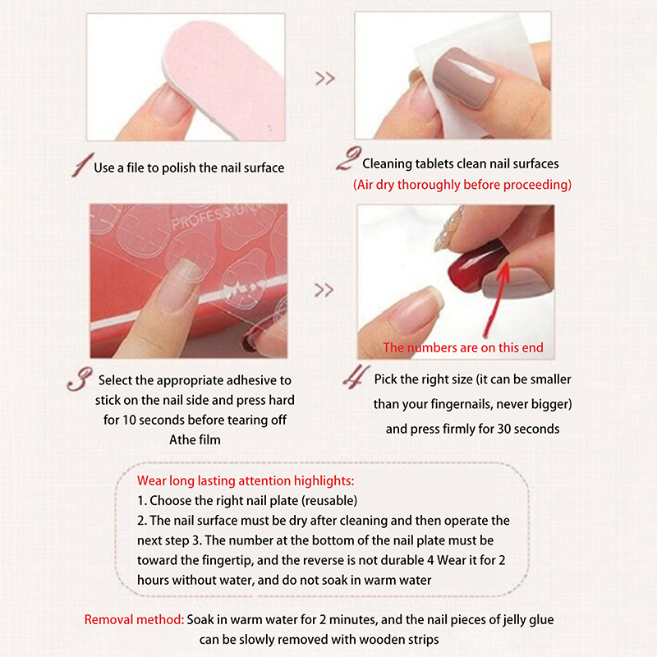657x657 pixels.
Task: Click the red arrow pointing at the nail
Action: point(497,299)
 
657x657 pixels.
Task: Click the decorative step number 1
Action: point(82,164)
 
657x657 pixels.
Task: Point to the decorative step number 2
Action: point(348,159)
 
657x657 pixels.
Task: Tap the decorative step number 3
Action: point(80,379)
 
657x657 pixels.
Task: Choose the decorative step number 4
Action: point(356,376)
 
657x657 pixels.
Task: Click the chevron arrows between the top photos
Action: point(325,78)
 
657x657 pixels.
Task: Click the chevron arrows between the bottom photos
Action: point(324,290)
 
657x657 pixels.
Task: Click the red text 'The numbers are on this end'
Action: point(463,347)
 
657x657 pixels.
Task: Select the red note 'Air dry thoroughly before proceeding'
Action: point(462,185)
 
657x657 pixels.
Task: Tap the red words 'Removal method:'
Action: point(134,620)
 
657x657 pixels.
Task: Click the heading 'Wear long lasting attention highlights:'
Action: point(246,481)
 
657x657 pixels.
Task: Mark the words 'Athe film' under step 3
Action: point(195,439)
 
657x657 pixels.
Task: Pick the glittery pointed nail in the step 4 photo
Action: point(449,228)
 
